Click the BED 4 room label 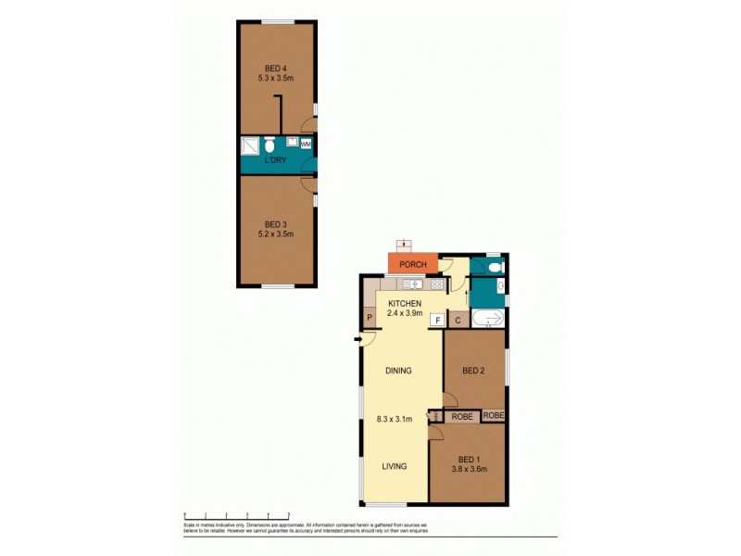[x=275, y=68]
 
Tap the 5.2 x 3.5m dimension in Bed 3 [x=275, y=234]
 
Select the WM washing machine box [x=306, y=145]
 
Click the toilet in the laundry [x=269, y=145]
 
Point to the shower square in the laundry [x=250, y=145]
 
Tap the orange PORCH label [x=413, y=264]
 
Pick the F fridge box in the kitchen [x=437, y=320]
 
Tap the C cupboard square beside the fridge [x=458, y=320]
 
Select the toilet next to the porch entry [x=495, y=267]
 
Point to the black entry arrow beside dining [x=358, y=340]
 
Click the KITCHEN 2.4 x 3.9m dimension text [x=406, y=313]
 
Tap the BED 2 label [x=473, y=371]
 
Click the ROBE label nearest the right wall [x=494, y=416]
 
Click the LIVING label [x=396, y=466]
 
